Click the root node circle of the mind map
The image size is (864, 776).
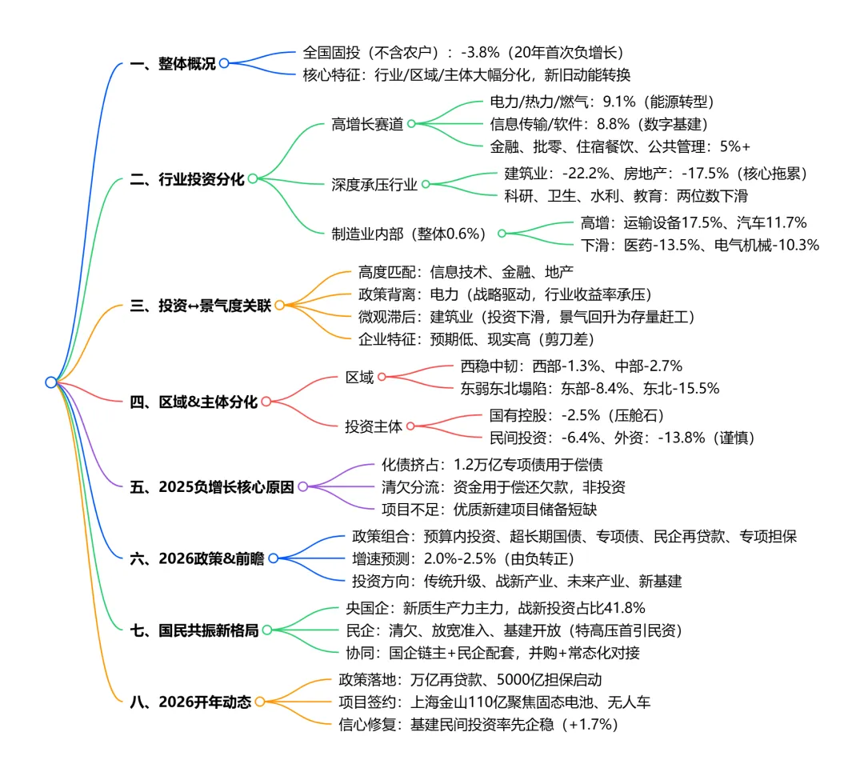[x=51, y=382]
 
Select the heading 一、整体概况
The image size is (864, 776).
[x=172, y=64]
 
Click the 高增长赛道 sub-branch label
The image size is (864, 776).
[x=366, y=124]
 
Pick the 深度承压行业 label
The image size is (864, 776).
[x=374, y=184]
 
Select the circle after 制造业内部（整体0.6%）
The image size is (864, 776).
[x=502, y=234]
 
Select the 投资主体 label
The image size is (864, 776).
[x=374, y=426]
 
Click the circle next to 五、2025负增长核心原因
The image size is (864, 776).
[x=302, y=486]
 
